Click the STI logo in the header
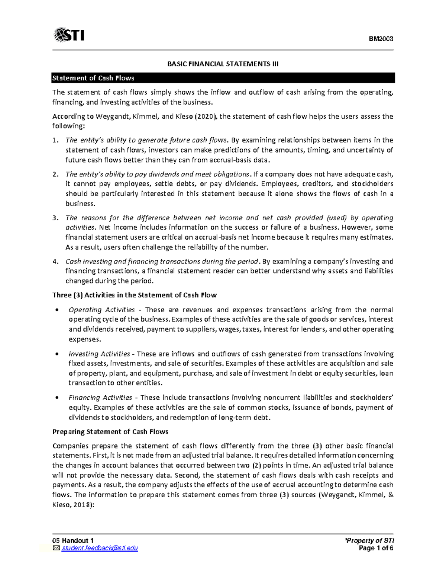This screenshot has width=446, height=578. [x=69, y=35]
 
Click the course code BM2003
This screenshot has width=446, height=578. [x=381, y=39]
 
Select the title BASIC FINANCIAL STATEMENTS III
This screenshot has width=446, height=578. [x=223, y=64]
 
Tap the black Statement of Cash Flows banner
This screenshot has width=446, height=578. [x=223, y=78]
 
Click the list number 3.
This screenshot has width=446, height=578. [x=55, y=218]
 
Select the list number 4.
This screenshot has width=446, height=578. [x=55, y=262]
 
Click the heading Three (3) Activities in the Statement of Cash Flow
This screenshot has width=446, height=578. [x=135, y=295]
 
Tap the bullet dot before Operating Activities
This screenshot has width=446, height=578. [x=56, y=310]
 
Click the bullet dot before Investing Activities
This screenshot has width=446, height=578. [x=56, y=354]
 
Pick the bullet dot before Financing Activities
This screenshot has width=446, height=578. [x=56, y=398]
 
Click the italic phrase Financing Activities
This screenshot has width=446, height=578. [x=100, y=398]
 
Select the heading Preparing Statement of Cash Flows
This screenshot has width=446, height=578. [x=110, y=432]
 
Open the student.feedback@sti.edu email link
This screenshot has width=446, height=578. [x=100, y=548]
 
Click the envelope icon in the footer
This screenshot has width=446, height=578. [x=56, y=548]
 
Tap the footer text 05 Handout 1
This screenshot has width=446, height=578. [x=73, y=541]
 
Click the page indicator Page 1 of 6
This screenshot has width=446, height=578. [x=376, y=548]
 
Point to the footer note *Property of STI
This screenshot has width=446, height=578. [x=369, y=541]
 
